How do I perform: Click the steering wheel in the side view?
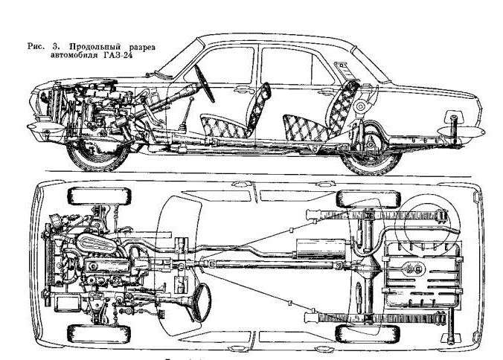[205, 82]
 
